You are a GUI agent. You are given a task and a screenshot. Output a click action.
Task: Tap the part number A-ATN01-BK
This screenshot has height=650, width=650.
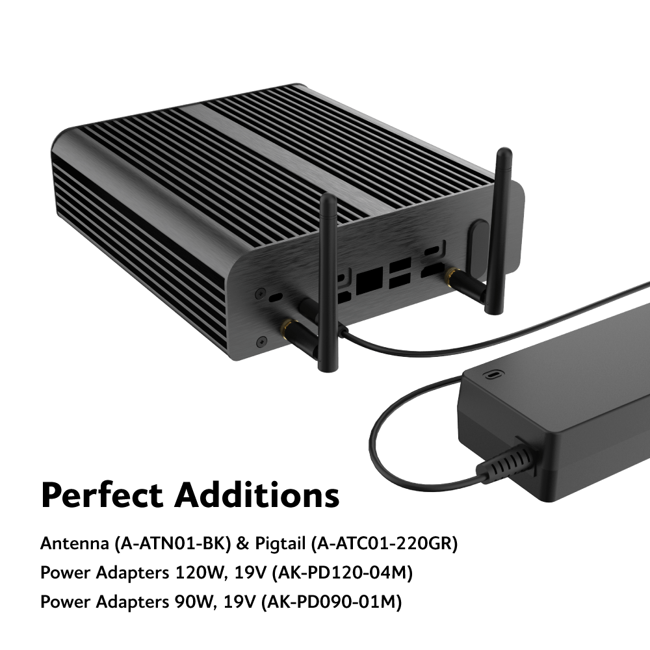pos(172,543)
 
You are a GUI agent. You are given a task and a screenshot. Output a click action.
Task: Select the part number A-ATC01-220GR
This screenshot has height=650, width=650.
pos(384,543)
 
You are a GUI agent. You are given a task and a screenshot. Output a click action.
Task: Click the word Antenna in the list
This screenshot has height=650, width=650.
pos(75,543)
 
